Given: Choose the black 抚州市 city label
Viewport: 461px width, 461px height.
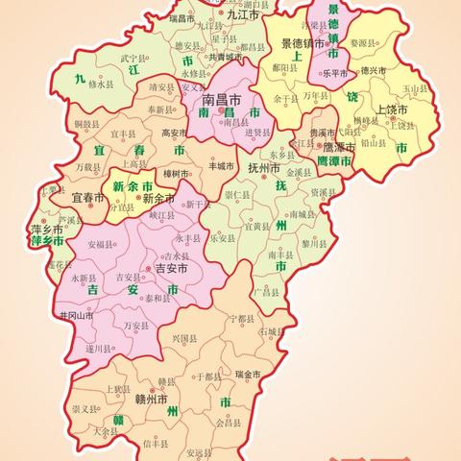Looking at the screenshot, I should click(x=265, y=166).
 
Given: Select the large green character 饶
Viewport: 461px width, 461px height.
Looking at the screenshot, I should click(x=352, y=96).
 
